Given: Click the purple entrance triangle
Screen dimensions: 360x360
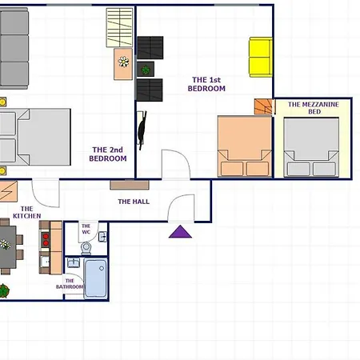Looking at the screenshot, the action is (180, 232).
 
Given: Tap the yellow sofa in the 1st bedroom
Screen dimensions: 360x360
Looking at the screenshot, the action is (261, 57).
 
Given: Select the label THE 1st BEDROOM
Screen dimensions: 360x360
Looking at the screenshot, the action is (206, 84).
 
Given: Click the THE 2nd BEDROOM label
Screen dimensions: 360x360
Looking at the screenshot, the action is (108, 154).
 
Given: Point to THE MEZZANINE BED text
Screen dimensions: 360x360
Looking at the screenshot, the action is (314, 108).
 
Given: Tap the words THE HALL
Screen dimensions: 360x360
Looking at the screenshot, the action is (134, 202).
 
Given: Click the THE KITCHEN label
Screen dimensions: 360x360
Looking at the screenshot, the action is (27, 212).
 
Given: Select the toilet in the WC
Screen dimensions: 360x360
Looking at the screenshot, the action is (86, 249).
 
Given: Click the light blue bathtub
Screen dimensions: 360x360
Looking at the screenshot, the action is (96, 278).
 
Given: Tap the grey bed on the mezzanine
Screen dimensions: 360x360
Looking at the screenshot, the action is (311, 147).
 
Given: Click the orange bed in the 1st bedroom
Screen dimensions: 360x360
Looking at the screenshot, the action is (245, 146).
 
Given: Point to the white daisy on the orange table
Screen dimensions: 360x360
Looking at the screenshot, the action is (123, 62).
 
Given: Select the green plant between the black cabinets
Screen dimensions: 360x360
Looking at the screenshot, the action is (146, 70).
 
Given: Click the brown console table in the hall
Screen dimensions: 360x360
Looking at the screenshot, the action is (130, 185).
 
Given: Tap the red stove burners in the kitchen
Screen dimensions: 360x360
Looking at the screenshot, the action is (46, 239).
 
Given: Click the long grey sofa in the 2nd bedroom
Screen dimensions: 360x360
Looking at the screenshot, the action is (14, 48).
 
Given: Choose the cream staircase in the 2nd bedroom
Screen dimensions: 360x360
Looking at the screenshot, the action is (119, 27).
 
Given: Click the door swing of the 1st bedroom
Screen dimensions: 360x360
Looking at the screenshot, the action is (176, 164).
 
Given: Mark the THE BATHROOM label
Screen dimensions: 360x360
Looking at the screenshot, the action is (70, 284).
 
